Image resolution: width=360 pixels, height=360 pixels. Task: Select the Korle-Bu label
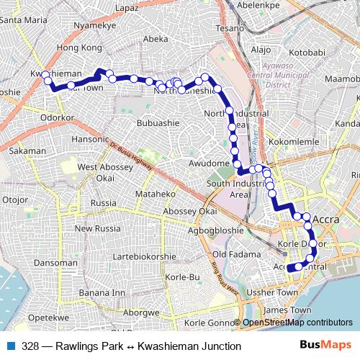point(181,276)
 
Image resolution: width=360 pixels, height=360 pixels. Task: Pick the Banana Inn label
point(102,293)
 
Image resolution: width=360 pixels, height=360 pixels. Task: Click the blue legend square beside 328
point(10,346)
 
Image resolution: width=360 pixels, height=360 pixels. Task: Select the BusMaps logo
point(330,346)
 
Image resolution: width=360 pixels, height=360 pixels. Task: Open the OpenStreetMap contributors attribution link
point(296,323)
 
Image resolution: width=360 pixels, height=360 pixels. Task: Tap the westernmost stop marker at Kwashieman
point(45,75)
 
